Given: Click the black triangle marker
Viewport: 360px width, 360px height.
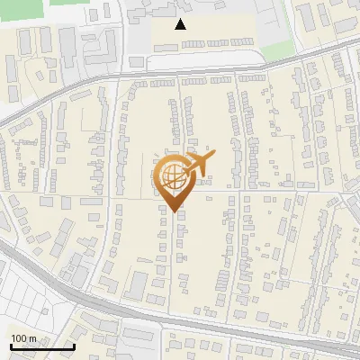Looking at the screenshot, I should [181, 24].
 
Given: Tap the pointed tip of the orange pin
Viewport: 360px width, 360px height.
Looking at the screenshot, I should [173, 211].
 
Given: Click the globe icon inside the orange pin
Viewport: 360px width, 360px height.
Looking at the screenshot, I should [171, 175].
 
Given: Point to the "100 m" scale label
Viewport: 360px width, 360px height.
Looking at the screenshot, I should [23, 337].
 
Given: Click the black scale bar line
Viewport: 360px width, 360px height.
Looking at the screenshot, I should [41, 346].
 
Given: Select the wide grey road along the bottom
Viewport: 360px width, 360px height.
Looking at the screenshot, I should [180, 319].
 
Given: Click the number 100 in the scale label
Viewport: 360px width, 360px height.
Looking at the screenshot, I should [19, 337].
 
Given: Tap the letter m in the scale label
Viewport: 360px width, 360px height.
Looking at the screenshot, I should [32, 337].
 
